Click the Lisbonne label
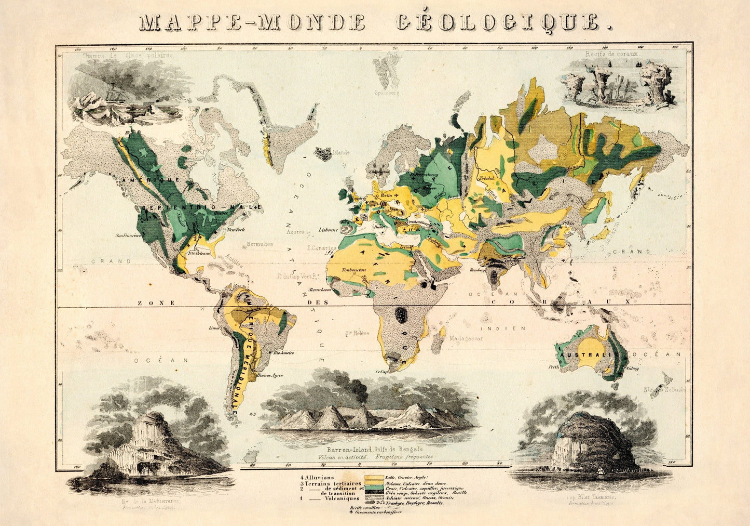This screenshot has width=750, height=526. click(x=328, y=229)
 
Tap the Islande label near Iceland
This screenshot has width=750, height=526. click(x=342, y=153)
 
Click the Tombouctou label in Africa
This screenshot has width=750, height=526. click(x=351, y=270)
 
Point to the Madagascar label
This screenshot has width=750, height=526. click(x=466, y=338)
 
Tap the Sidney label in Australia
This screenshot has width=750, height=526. click(x=632, y=368)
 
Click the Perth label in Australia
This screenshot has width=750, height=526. click(x=554, y=367)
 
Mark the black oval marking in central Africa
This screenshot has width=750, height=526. click(x=401, y=314)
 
